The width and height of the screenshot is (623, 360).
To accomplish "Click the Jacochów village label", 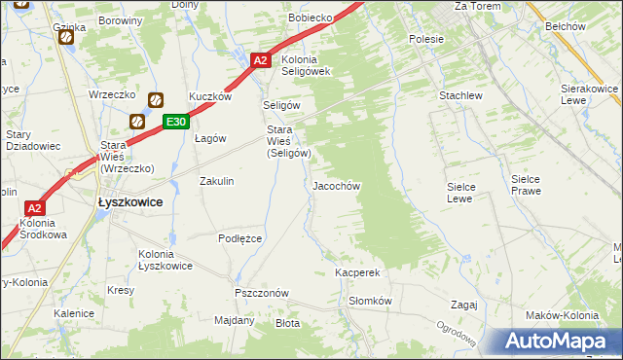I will tap(337, 185).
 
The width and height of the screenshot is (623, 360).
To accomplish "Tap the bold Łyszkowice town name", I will tap(130, 201).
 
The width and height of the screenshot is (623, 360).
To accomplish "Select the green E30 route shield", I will tap(175, 122).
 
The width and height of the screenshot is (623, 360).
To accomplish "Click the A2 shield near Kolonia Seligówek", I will tap(259, 60).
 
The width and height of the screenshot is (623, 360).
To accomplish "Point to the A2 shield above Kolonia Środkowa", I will tap(34, 207).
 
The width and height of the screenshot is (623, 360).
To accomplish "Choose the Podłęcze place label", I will tap(239, 238).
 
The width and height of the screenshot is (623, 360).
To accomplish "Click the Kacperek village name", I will tap(356, 273).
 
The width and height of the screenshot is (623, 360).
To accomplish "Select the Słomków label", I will tap(370, 301).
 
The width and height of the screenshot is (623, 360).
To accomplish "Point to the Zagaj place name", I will tap(463, 305).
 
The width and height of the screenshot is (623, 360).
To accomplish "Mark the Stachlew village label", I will tap(460, 96).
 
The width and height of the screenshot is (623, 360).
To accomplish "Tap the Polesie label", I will tap(426, 39).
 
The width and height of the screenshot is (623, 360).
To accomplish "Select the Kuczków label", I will tap(210, 96).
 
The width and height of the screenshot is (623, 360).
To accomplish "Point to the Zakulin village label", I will tap(217, 181).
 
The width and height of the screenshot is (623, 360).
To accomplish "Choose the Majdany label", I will tap(234, 319).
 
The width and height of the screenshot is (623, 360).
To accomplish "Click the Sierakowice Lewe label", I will tap(590, 94).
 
